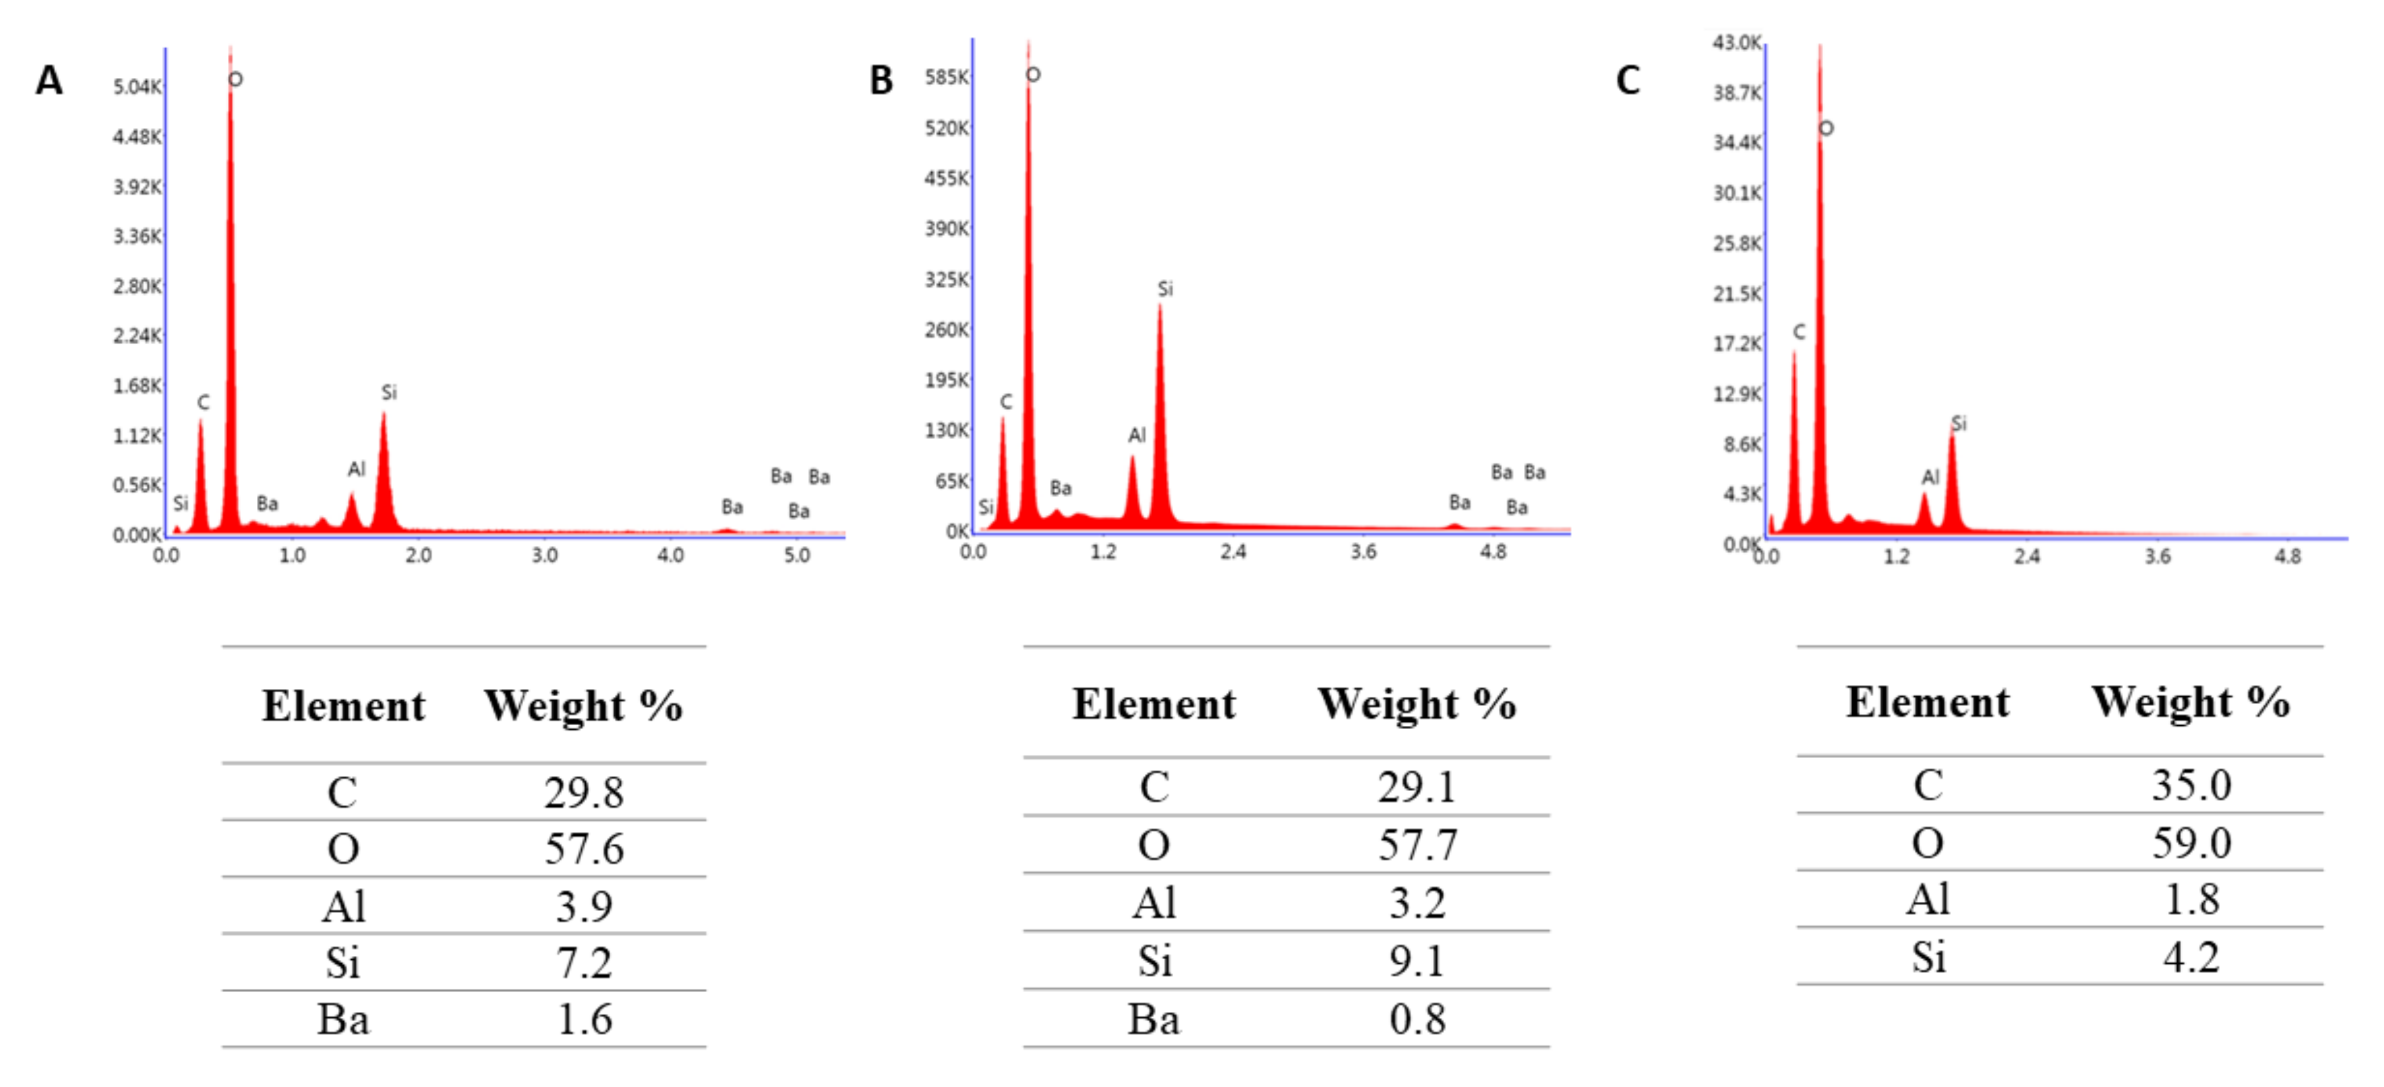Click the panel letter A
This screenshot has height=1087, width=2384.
[49, 81]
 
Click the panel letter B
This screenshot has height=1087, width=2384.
[880, 81]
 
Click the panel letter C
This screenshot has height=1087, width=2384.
[1627, 81]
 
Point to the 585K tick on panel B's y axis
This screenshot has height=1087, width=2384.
[946, 77]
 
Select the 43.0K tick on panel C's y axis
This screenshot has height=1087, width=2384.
[1736, 43]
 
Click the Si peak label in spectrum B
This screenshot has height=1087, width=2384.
[1165, 289]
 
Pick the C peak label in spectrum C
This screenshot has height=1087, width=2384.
[1798, 332]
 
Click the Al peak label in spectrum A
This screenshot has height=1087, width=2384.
[356, 469]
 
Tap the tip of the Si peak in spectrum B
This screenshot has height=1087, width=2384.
[1160, 306]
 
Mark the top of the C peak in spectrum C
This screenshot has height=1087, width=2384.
[1794, 353]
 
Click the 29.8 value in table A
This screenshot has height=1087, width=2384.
[584, 793]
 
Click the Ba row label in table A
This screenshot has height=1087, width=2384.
[343, 1019]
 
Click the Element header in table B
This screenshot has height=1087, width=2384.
[1153, 704]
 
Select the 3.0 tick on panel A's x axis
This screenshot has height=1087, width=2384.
[544, 555]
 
